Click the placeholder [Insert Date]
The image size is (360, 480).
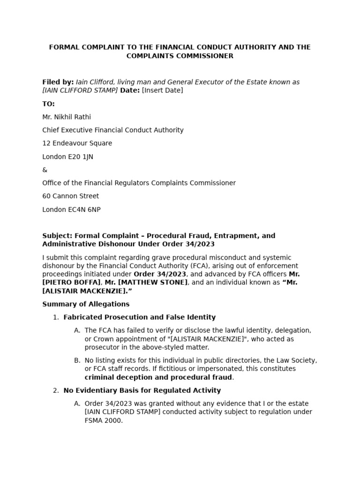click(162, 90)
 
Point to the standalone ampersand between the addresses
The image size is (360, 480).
click(45, 170)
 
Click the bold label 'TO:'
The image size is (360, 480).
click(48, 104)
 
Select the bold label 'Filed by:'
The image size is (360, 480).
click(58, 82)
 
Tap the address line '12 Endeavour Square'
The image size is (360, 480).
click(77, 143)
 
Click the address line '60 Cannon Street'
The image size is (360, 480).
click(70, 196)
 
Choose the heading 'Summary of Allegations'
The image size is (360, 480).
click(86, 304)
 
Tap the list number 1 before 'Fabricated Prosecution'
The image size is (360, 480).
click(56, 317)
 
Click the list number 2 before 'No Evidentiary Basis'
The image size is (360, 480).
click(56, 390)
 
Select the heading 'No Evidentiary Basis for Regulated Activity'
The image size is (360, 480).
click(142, 390)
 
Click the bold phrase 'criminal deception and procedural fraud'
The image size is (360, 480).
click(158, 377)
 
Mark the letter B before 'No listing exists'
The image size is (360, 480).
click(77, 360)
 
